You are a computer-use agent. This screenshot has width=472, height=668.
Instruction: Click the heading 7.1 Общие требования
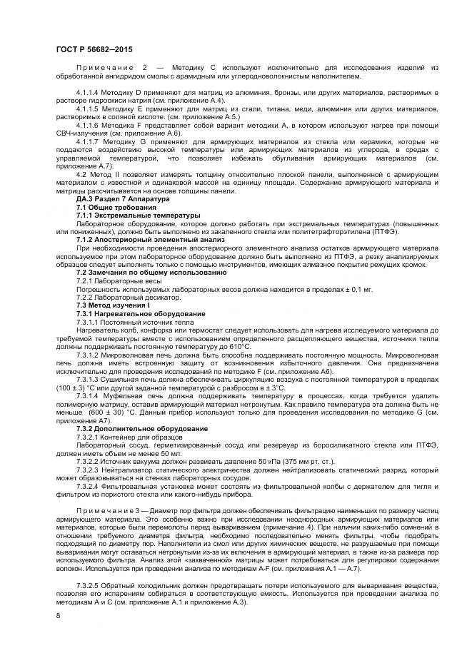pyautogui.click(x=106, y=208)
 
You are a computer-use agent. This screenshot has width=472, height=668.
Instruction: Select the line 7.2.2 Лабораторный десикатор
pyautogui.click(x=122, y=298)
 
